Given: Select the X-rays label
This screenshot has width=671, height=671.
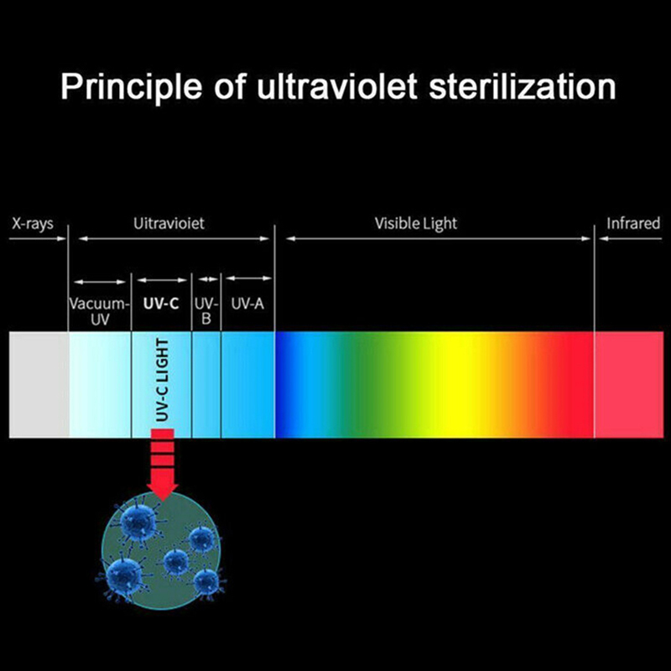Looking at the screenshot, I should point(34,224).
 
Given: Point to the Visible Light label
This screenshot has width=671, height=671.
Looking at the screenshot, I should point(416,224).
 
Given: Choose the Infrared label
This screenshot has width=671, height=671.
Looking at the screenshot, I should point(633,224).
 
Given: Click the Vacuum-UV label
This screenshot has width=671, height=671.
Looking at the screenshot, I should point(100,311).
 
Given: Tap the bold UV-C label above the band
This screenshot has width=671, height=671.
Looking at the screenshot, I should point(161,304).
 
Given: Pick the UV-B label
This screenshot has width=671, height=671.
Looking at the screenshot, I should point(206,311).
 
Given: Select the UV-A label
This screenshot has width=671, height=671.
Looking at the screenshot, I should point(247,304).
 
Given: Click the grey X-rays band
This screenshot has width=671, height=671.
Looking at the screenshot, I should point(39,384).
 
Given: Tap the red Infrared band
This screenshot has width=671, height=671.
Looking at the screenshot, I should point(632,384).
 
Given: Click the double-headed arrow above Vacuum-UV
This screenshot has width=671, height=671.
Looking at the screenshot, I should point(100,280).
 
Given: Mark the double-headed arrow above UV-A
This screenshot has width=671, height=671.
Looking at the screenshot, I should point(248,278).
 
